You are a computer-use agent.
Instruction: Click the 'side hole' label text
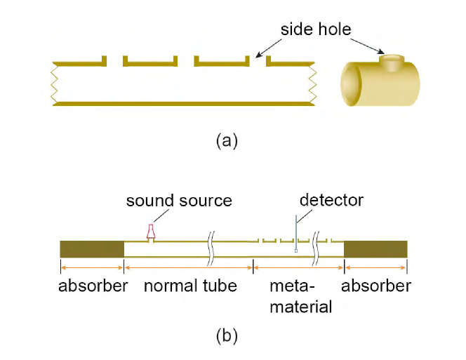(x=316, y=29)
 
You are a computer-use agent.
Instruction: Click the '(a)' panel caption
(x=227, y=140)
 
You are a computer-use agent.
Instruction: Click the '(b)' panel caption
(x=227, y=335)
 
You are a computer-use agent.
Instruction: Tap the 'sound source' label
(x=179, y=201)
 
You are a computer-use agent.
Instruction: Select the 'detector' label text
(x=331, y=200)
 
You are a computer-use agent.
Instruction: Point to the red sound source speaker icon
(x=150, y=232)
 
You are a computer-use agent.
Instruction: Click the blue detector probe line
(x=297, y=232)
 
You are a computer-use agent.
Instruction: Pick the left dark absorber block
(x=92, y=249)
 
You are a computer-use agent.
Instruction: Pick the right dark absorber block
(x=375, y=249)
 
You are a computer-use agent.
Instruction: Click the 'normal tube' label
(x=190, y=286)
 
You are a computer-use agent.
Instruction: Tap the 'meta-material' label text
(x=298, y=296)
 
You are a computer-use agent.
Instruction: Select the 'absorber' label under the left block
(x=93, y=286)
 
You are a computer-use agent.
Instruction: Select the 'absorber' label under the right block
(x=376, y=286)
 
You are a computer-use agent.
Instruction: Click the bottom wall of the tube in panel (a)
(x=182, y=104)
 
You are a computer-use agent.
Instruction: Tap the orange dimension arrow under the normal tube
(x=188, y=267)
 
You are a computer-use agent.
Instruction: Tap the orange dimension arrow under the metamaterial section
(x=298, y=267)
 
